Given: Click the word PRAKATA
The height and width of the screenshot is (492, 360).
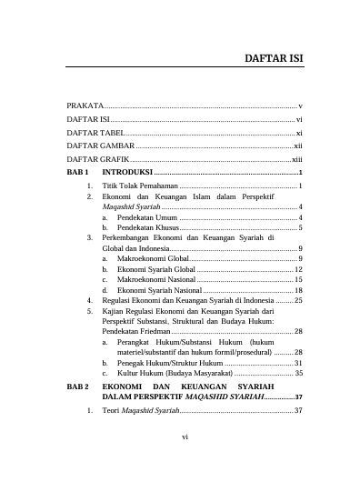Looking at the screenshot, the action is tap(85, 106).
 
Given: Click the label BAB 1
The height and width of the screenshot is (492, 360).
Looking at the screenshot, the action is tap(81, 172).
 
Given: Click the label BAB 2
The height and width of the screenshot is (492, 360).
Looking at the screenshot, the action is tap(81, 387).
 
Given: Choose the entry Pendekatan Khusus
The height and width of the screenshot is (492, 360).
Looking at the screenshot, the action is tap(149, 227).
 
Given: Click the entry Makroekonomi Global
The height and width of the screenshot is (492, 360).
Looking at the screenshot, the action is tap(154, 260).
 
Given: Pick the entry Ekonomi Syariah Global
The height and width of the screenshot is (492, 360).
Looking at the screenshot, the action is tap(156, 270).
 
